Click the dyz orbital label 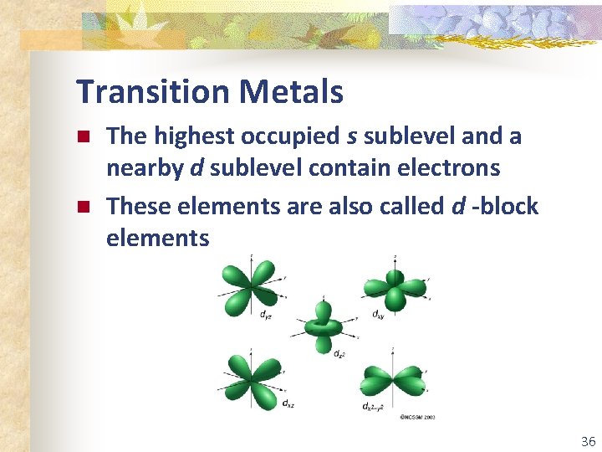(x=264, y=316)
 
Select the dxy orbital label (x=378, y=316)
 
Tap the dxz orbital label (x=287, y=403)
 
